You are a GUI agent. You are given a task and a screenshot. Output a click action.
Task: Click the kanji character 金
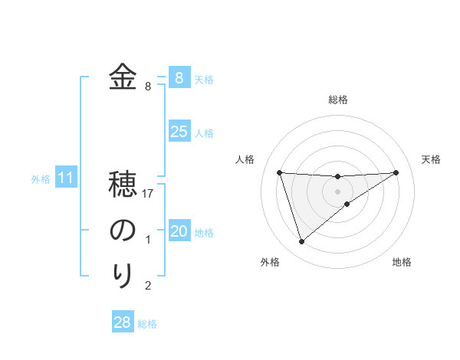123,77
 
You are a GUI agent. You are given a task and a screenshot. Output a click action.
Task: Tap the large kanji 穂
123,185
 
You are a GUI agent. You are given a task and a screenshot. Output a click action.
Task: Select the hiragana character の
123,231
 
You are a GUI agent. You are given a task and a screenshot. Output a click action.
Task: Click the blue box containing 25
179,132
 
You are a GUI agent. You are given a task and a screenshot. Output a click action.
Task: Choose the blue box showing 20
179,231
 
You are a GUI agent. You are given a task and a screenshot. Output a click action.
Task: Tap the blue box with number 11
65,178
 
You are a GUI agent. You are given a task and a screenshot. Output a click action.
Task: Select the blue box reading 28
122,322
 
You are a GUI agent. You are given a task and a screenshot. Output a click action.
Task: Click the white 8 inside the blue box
179,77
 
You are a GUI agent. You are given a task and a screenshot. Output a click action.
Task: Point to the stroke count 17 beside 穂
148,195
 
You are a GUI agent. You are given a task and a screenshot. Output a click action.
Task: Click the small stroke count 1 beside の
148,241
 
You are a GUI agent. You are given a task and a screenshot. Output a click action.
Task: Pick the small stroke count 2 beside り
148,286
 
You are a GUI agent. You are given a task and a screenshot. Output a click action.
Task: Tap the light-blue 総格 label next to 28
147,324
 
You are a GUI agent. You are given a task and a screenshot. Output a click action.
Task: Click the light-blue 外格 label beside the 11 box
41,179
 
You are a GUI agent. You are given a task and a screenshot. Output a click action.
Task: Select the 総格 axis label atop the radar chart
338,100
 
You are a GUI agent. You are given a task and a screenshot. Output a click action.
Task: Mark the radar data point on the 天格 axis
396,172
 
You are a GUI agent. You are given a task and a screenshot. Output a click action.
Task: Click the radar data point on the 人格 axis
280,172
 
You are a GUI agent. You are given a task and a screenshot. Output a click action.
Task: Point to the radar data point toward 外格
301,242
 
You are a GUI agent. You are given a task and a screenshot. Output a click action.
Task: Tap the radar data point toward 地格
347,203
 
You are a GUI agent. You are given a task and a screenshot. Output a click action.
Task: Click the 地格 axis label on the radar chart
402,262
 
